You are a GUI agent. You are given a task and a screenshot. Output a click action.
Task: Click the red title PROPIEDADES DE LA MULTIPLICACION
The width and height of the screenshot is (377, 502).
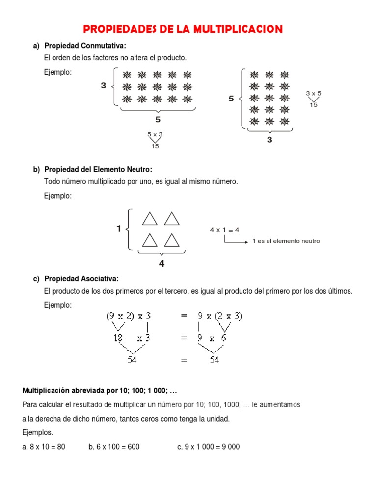[183, 29]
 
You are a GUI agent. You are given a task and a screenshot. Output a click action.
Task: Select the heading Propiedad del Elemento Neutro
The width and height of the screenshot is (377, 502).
[98, 169]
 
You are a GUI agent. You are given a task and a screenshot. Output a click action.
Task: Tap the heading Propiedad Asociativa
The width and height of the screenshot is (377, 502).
[81, 279]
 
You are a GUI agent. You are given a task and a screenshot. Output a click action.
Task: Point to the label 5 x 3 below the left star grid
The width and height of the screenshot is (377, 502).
[155, 134]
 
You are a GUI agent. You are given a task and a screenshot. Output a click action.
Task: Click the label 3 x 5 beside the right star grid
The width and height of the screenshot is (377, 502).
[313, 93]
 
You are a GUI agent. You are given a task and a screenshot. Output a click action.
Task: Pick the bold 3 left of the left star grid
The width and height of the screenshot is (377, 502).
[104, 86]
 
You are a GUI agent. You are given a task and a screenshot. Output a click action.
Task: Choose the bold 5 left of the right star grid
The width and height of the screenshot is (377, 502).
[231, 99]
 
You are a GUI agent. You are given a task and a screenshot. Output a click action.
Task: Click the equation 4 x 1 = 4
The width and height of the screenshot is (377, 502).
[224, 230]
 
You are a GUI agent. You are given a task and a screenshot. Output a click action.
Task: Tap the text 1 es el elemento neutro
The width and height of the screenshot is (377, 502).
[286, 241]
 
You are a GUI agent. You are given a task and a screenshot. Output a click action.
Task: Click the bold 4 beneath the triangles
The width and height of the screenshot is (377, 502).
[162, 264]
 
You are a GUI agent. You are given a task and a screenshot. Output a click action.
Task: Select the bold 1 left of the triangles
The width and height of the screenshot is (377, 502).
[119, 228]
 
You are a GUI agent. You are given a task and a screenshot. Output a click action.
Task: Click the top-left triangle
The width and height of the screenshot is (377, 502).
[150, 218]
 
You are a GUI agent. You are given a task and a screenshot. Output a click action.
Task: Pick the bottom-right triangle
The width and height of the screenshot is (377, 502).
[172, 240]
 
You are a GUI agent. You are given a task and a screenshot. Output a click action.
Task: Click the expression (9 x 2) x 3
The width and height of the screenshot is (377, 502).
[128, 317]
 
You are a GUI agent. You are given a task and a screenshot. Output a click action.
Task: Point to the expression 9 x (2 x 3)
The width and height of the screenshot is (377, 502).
[219, 317]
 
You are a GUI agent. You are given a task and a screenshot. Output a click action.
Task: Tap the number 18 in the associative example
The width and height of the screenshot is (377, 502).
[118, 338]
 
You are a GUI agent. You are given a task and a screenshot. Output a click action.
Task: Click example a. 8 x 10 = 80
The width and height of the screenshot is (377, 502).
[44, 447]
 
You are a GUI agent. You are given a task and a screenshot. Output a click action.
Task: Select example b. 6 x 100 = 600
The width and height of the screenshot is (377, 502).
[114, 447]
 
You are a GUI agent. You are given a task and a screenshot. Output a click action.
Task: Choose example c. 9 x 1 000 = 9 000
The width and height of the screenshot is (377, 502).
[209, 447]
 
